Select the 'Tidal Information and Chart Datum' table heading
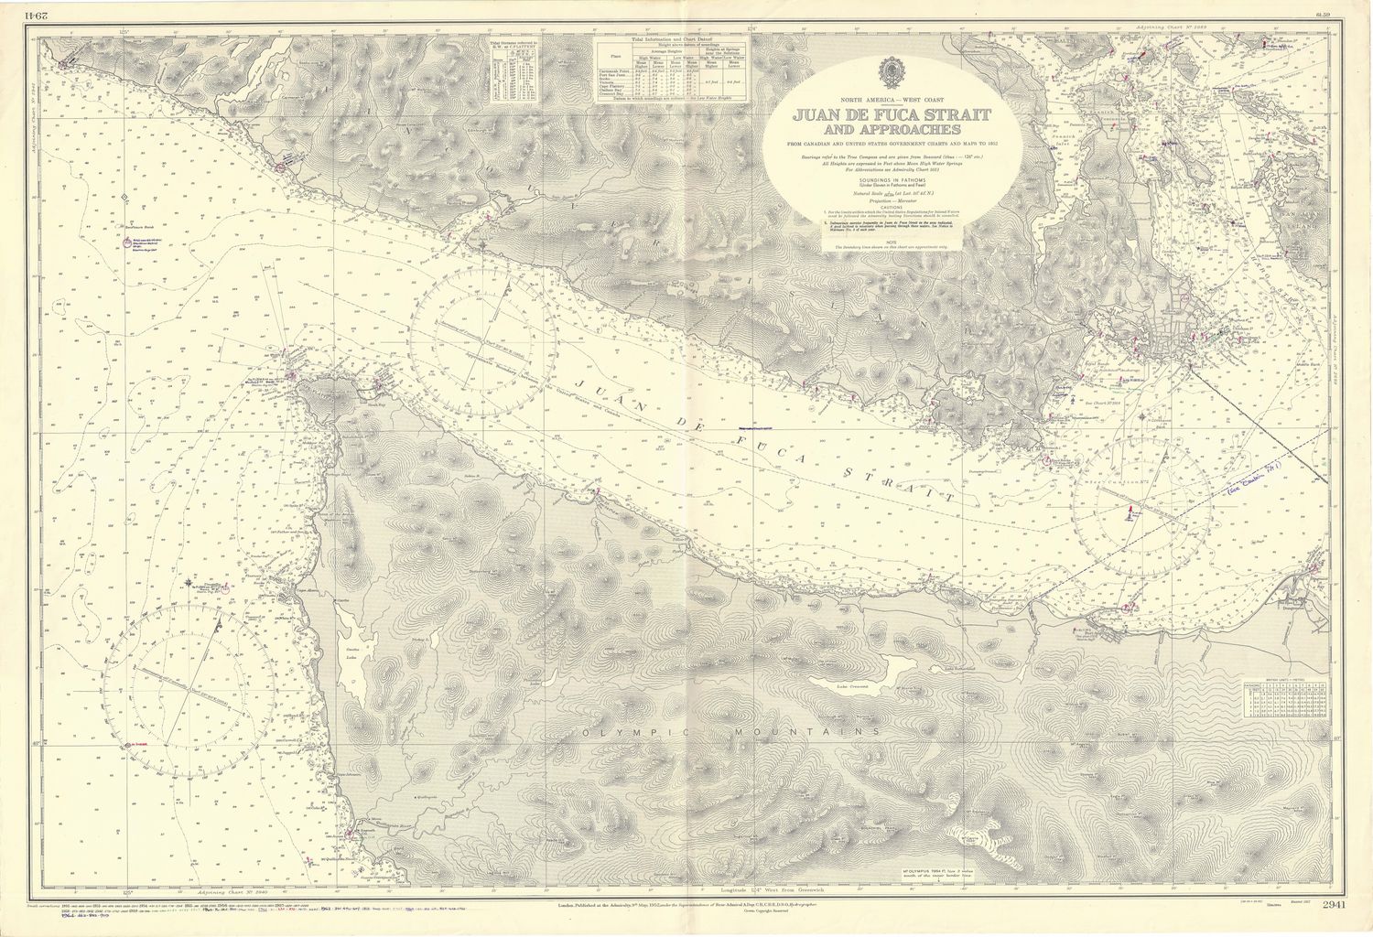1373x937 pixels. (667, 41)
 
